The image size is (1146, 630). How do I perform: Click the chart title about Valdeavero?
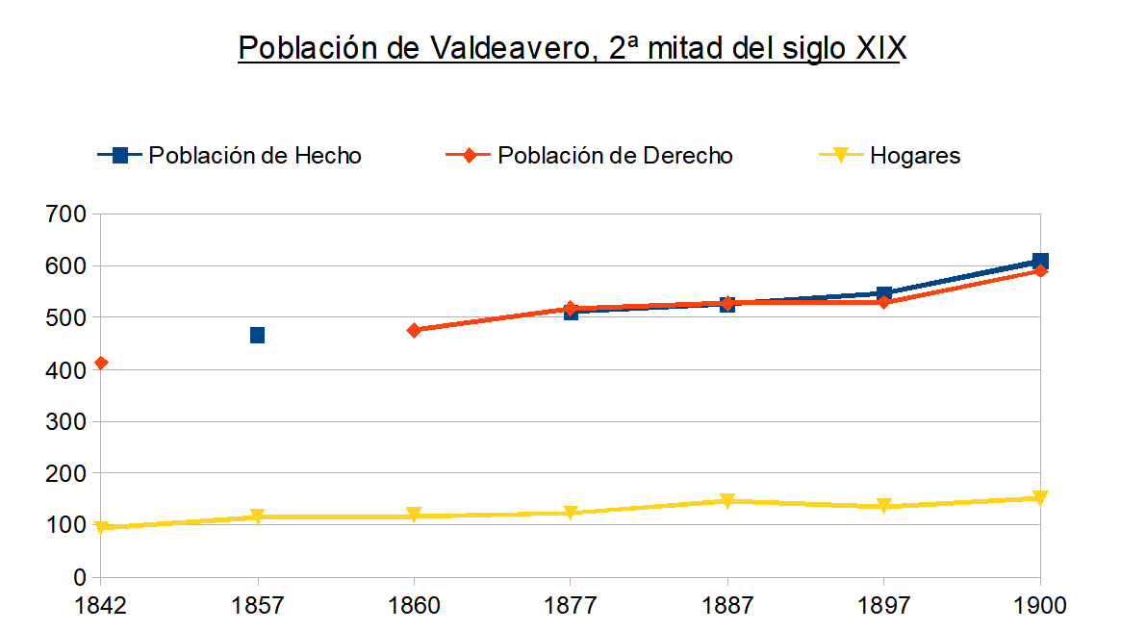573,48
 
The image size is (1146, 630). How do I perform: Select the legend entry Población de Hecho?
231,155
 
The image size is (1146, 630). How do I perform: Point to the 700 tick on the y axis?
66,214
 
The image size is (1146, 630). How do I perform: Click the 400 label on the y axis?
66,369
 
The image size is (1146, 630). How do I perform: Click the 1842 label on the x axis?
100,607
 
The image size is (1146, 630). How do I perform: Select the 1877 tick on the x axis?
571,607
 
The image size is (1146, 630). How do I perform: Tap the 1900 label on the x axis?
1039,607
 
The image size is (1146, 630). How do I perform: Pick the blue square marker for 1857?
257,335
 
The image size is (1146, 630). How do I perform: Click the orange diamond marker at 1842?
101,363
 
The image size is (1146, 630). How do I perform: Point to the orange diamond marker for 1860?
414,330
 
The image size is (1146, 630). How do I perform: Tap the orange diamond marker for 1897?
883,302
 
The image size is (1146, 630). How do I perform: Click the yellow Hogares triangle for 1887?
727,501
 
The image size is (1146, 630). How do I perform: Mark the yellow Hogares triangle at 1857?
257,517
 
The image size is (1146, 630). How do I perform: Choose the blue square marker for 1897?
883,293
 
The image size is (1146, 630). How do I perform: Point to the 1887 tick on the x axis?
727,607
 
